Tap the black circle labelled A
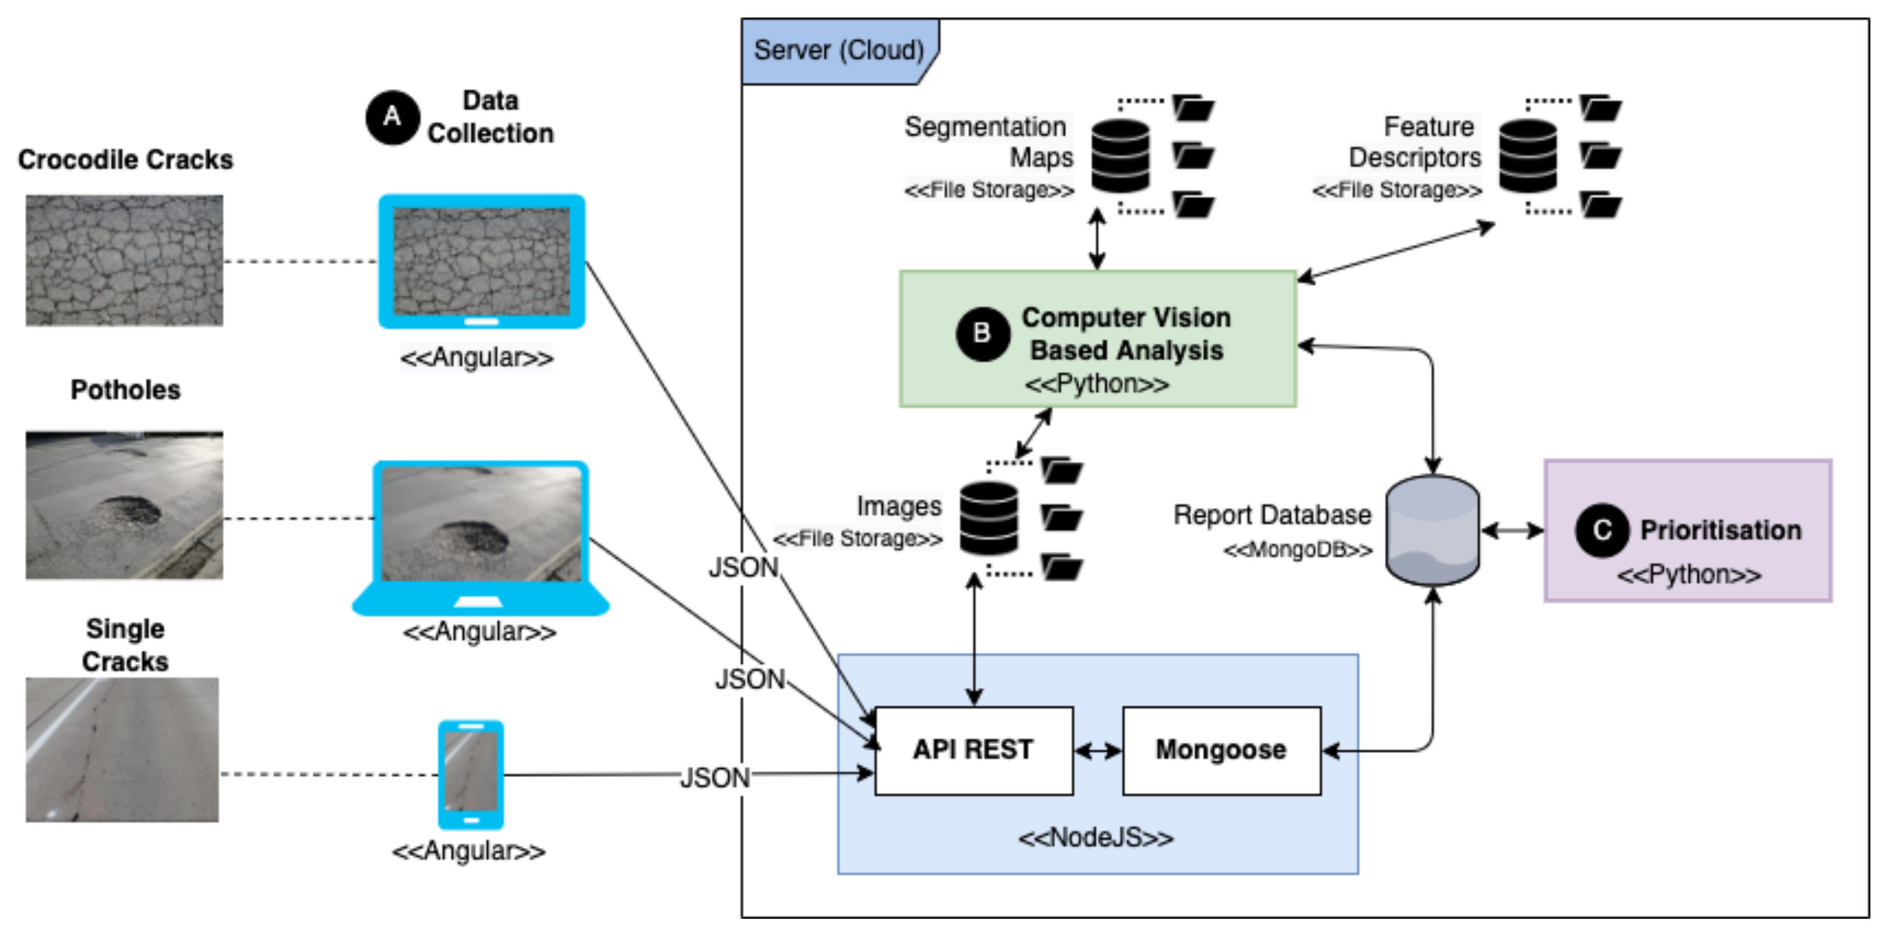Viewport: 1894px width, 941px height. click(x=393, y=117)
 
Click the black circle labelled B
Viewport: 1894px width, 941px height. click(x=982, y=334)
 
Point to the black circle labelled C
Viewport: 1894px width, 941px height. click(x=1602, y=530)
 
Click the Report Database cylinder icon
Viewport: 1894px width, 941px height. click(x=1432, y=530)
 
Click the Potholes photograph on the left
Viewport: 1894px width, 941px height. click(x=124, y=505)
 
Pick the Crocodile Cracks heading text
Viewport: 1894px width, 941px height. click(x=125, y=160)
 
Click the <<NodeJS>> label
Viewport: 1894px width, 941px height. click(x=1096, y=837)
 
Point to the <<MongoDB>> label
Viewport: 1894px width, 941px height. click(x=1298, y=550)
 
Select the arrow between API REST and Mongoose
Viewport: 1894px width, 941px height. click(x=1098, y=751)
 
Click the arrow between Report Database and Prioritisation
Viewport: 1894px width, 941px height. click(x=1512, y=531)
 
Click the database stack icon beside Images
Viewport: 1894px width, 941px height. click(x=989, y=518)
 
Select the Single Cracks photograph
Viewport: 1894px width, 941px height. click(x=122, y=749)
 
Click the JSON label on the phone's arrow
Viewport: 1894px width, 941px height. click(x=715, y=778)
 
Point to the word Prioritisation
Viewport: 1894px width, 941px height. click(x=1721, y=530)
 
